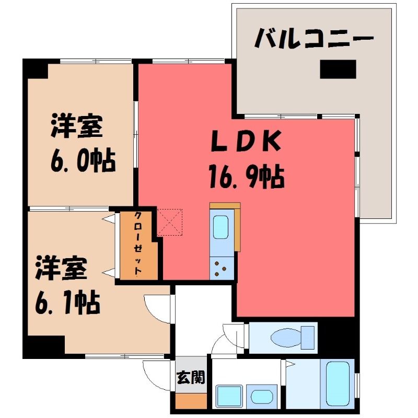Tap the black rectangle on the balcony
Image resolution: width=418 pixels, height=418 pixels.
pos(338,69)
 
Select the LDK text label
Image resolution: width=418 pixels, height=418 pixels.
pos(246,141)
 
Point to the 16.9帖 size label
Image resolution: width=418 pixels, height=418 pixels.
pos(247,177)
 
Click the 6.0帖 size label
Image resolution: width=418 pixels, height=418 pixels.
pos(83,161)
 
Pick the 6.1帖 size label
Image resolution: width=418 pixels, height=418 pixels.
pos(68,303)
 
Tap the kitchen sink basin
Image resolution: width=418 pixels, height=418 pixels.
pos(221,227)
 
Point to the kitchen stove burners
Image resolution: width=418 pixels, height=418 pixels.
pos(220,269)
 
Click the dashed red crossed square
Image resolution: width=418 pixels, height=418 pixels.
pos(169,223)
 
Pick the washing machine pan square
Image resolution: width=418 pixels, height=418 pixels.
pos(229,397)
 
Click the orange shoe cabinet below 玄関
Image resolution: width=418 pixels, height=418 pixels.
pos(191,401)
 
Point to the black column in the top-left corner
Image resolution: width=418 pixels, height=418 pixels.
pos(35,69)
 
